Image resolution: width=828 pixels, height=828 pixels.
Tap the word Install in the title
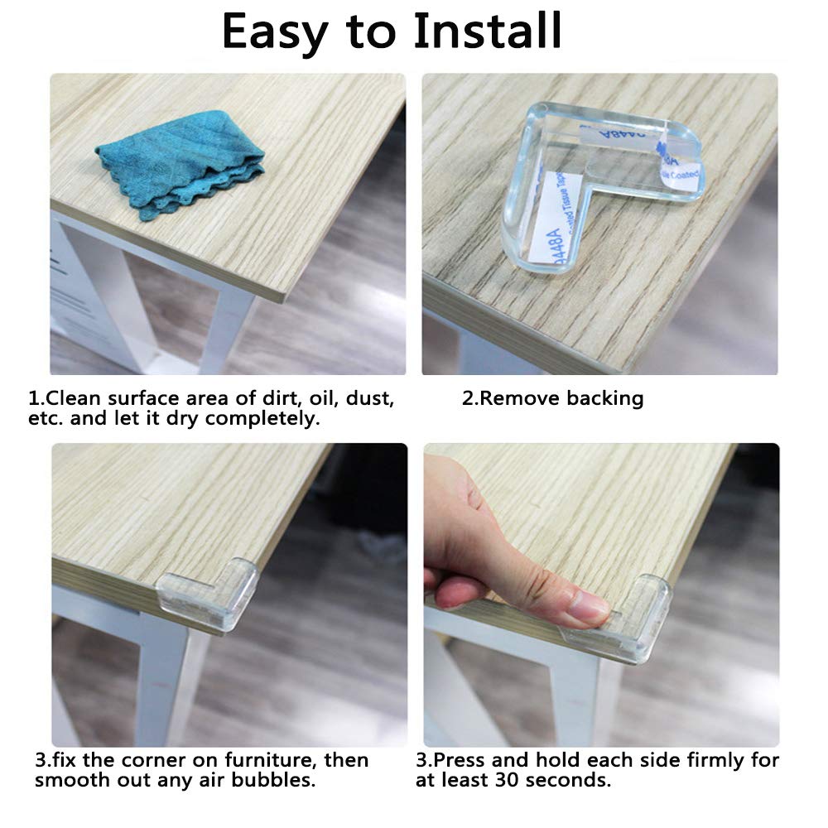488,31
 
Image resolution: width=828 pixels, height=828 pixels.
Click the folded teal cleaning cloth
181,163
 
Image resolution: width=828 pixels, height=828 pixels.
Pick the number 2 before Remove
468,398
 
